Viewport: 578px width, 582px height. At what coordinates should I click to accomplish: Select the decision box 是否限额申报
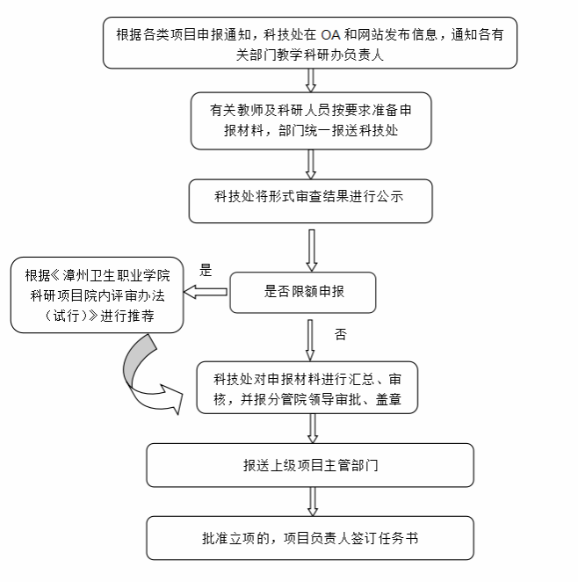click(x=302, y=291)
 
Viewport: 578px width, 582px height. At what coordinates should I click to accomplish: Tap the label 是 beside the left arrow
click(x=206, y=270)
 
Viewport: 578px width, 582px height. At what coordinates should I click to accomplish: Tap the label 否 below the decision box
click(x=341, y=335)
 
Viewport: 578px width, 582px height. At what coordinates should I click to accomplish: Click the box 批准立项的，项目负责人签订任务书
click(x=309, y=537)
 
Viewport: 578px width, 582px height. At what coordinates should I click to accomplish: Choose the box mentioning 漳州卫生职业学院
click(x=98, y=294)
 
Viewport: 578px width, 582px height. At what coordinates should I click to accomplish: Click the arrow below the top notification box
click(x=309, y=80)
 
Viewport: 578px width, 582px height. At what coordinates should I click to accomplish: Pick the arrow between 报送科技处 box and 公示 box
click(x=309, y=164)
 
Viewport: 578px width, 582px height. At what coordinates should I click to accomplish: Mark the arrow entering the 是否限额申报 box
click(x=309, y=250)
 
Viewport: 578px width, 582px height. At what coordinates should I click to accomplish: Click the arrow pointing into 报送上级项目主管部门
click(x=311, y=428)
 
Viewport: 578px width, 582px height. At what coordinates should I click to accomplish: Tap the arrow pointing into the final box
click(x=311, y=502)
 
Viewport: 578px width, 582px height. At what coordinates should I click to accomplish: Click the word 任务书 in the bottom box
click(x=399, y=537)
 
